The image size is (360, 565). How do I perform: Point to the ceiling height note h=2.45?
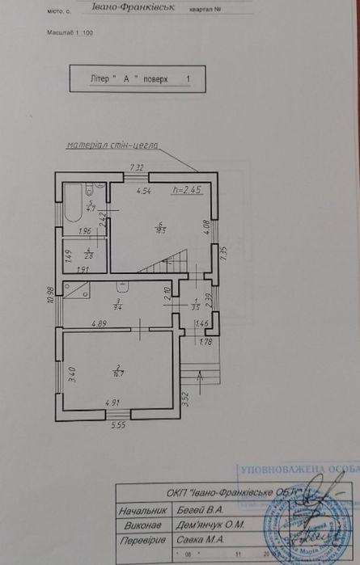point(186,192)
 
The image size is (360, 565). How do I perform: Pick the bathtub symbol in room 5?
point(72,202)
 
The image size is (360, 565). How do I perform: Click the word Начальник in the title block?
point(145,511)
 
